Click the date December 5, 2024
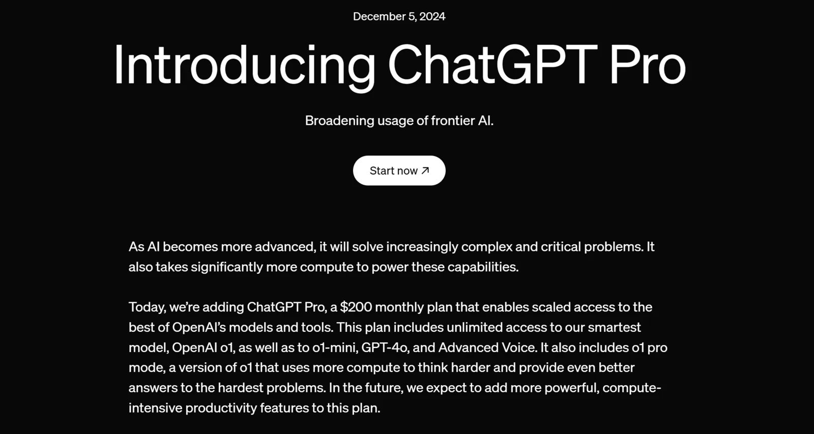(x=399, y=16)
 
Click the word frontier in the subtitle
(x=453, y=120)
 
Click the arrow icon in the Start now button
(x=425, y=170)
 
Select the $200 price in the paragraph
(x=356, y=307)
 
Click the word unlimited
(x=475, y=327)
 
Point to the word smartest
(x=614, y=328)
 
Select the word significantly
(x=227, y=267)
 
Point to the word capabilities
(x=483, y=267)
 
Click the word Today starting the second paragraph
(x=148, y=307)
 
